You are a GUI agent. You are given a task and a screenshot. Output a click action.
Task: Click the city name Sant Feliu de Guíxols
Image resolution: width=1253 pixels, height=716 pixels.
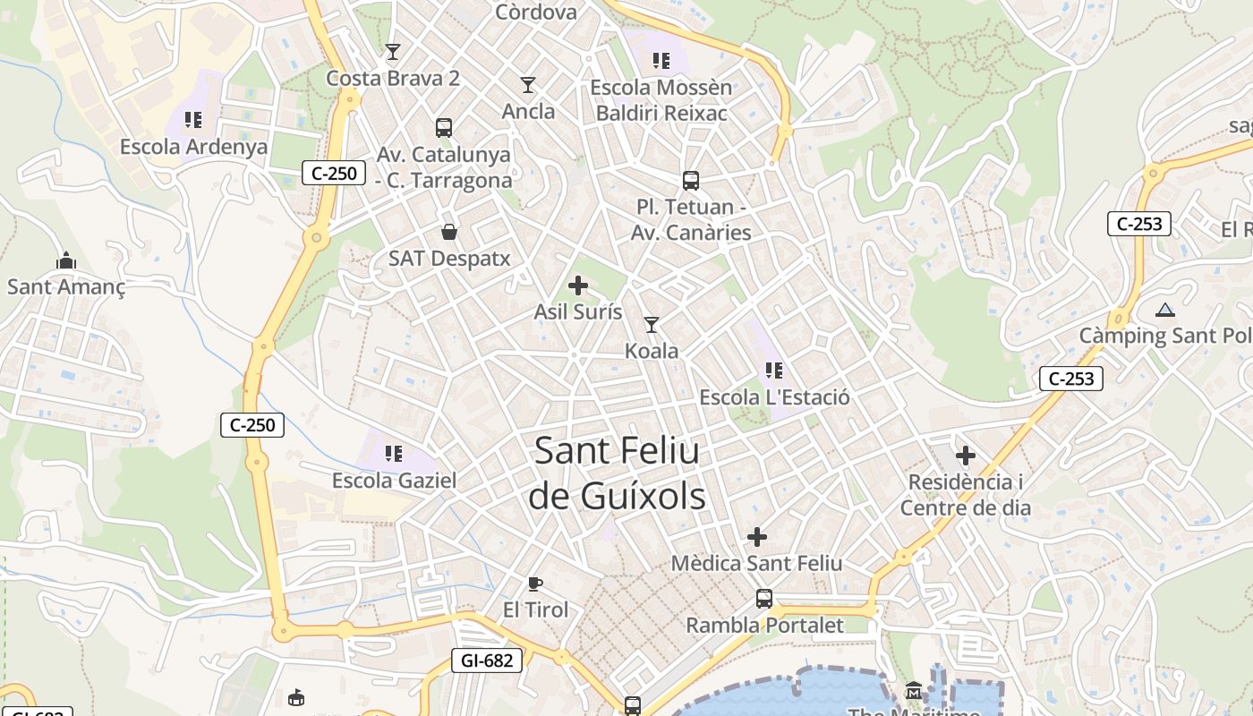(617, 473)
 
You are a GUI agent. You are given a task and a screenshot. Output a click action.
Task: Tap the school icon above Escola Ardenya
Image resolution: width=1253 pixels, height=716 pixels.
(193, 119)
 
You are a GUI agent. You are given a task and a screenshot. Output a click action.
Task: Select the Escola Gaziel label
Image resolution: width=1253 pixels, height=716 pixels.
(394, 481)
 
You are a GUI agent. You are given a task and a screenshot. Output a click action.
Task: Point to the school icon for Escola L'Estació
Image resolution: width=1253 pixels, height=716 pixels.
(774, 370)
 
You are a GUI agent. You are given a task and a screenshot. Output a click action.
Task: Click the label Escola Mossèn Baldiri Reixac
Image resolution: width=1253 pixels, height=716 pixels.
(661, 100)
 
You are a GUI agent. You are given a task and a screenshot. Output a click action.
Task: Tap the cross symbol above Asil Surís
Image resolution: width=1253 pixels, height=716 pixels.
(578, 286)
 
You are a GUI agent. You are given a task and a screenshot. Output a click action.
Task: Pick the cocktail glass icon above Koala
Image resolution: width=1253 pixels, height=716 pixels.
(652, 324)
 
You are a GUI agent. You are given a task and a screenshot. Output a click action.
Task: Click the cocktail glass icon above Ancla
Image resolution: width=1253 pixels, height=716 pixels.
(528, 85)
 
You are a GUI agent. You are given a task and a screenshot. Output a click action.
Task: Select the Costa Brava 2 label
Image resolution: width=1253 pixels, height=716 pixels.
(393, 78)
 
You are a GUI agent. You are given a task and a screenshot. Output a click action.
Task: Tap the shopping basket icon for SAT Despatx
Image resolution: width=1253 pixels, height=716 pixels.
(449, 232)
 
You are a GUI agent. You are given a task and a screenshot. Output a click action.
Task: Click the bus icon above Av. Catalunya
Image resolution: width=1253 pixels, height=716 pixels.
(444, 127)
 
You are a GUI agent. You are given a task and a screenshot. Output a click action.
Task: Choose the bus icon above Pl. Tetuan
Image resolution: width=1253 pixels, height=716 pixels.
(691, 181)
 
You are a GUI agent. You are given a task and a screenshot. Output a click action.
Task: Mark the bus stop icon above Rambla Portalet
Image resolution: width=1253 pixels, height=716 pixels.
(764, 599)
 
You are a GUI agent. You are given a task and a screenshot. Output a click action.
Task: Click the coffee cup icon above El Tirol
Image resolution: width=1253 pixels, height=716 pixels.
(535, 584)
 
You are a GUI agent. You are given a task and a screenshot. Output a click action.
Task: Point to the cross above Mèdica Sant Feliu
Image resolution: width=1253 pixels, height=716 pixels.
(757, 537)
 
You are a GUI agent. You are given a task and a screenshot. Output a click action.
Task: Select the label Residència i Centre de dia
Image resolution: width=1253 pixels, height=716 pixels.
(966, 495)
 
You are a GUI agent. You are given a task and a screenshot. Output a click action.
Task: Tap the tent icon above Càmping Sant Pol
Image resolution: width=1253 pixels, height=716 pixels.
(1164, 311)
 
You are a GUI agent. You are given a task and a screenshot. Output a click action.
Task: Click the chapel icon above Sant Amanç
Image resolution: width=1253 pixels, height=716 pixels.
(66, 260)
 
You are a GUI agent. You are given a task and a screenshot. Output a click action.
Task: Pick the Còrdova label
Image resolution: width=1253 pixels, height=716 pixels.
(536, 12)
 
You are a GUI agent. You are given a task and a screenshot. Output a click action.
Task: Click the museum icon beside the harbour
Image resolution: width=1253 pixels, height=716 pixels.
(914, 690)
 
